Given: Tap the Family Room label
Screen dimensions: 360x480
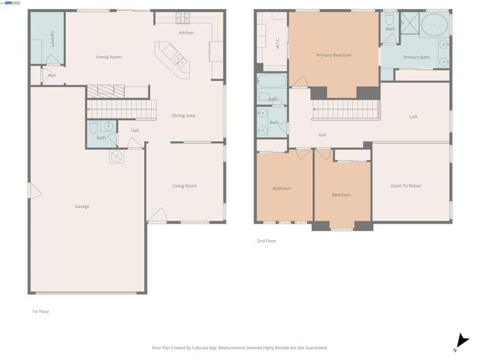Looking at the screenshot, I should point(109,57).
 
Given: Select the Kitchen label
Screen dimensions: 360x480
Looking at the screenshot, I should point(186,33).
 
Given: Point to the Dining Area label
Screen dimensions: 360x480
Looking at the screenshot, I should point(184,115).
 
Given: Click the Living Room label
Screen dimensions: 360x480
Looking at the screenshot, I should point(184,186).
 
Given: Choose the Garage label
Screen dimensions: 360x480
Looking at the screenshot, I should point(82,206).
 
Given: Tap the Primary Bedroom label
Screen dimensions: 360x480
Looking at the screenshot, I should point(334,55).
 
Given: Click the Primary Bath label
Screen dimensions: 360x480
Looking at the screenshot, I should point(416,58).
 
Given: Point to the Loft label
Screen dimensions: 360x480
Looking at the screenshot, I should point(413,116).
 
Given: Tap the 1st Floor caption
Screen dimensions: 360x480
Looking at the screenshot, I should point(40,310).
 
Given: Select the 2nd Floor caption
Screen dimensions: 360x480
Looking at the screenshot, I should point(266,241).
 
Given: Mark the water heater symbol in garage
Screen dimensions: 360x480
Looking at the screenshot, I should point(118,157).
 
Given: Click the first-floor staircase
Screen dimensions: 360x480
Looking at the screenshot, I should point(120,101).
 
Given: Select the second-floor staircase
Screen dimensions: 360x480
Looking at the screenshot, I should point(345,110).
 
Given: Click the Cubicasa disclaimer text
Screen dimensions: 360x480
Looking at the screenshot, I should point(240,347).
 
